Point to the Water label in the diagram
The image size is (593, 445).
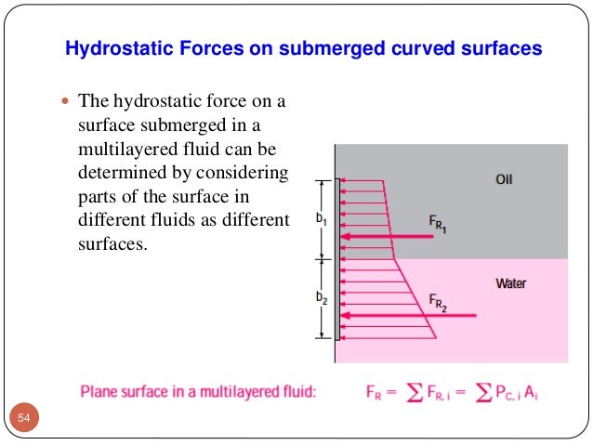[x=510, y=282]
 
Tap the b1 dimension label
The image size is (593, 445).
[x=320, y=220]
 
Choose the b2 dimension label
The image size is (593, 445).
[x=320, y=297]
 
